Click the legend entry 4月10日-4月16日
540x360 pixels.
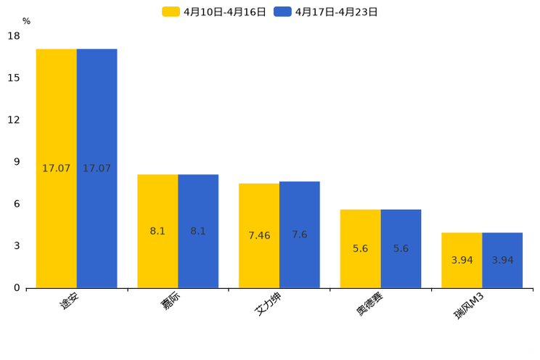click(x=215, y=12)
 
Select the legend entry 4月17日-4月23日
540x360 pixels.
click(x=327, y=12)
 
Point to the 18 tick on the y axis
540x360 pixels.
click(x=14, y=36)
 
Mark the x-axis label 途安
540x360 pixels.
click(x=70, y=300)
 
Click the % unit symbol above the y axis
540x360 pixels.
click(x=26, y=21)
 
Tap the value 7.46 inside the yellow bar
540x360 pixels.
click(x=259, y=236)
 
